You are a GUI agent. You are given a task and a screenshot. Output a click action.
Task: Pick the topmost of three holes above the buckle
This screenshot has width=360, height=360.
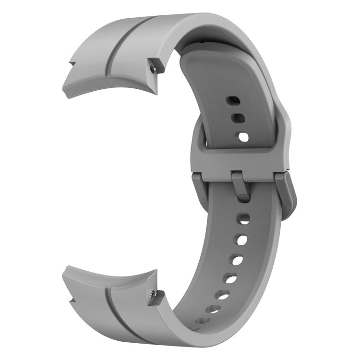click(234, 101)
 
